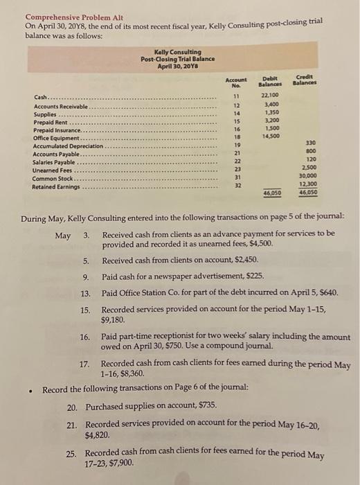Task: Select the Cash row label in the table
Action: click(x=42, y=98)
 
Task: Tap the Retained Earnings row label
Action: click(x=56, y=186)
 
